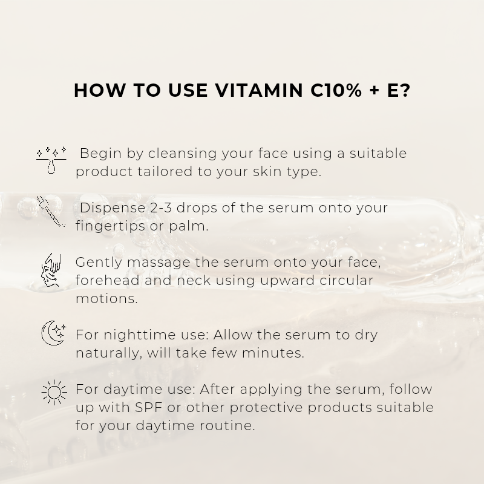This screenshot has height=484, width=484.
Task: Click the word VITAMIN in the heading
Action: tap(259, 90)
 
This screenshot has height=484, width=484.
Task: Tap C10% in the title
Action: tap(336, 90)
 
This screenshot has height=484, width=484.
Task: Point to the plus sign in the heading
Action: tap(374, 91)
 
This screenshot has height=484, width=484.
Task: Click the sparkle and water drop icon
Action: tap(51, 160)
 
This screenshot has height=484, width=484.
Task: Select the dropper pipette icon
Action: tap(51, 211)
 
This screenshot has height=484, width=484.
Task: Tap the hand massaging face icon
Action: tap(51, 270)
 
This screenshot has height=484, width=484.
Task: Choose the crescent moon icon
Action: tap(53, 333)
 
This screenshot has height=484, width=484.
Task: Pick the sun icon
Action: tap(54, 392)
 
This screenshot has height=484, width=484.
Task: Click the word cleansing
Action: tap(182, 154)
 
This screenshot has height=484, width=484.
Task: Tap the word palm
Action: tap(188, 226)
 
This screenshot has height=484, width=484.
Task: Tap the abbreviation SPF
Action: tap(149, 407)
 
